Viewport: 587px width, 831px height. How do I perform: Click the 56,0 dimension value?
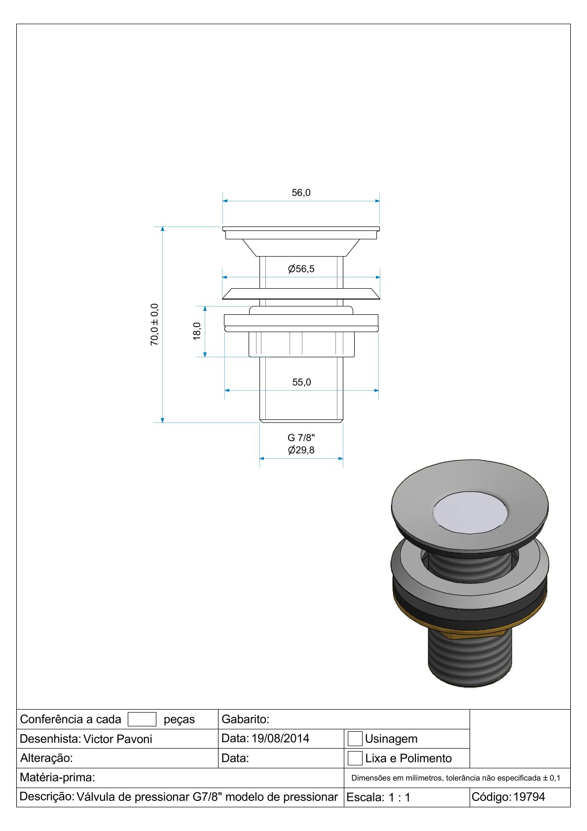301,192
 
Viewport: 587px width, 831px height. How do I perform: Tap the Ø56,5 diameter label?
301,268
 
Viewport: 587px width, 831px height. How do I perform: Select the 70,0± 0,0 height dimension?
154,325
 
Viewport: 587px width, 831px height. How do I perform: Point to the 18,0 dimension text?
197,331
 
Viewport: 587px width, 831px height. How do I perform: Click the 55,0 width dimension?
301,382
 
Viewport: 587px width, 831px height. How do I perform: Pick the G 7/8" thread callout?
301,438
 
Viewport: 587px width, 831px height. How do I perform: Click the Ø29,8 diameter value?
301,450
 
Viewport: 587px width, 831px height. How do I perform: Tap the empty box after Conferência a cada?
142,719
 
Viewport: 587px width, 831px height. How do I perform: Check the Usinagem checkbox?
355,739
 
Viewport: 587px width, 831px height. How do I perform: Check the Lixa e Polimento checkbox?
355,758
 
